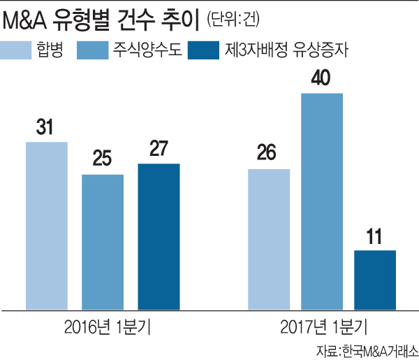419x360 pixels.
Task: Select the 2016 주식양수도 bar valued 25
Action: [103, 241]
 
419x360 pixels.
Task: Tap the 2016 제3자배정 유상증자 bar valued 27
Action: [159, 236]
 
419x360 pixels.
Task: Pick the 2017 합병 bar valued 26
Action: [269, 238]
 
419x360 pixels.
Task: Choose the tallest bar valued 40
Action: [322, 200]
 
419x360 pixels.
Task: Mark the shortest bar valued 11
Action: [375, 279]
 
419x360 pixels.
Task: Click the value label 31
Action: [46, 127]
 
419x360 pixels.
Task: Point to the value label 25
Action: [102, 159]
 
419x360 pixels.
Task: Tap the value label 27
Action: [159, 149]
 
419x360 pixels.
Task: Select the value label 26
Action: [269, 153]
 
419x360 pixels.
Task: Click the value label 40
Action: [322, 78]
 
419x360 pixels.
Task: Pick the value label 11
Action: [375, 236]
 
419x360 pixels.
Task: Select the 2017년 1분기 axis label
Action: [322, 326]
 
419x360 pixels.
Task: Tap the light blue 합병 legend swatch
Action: [25, 50]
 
